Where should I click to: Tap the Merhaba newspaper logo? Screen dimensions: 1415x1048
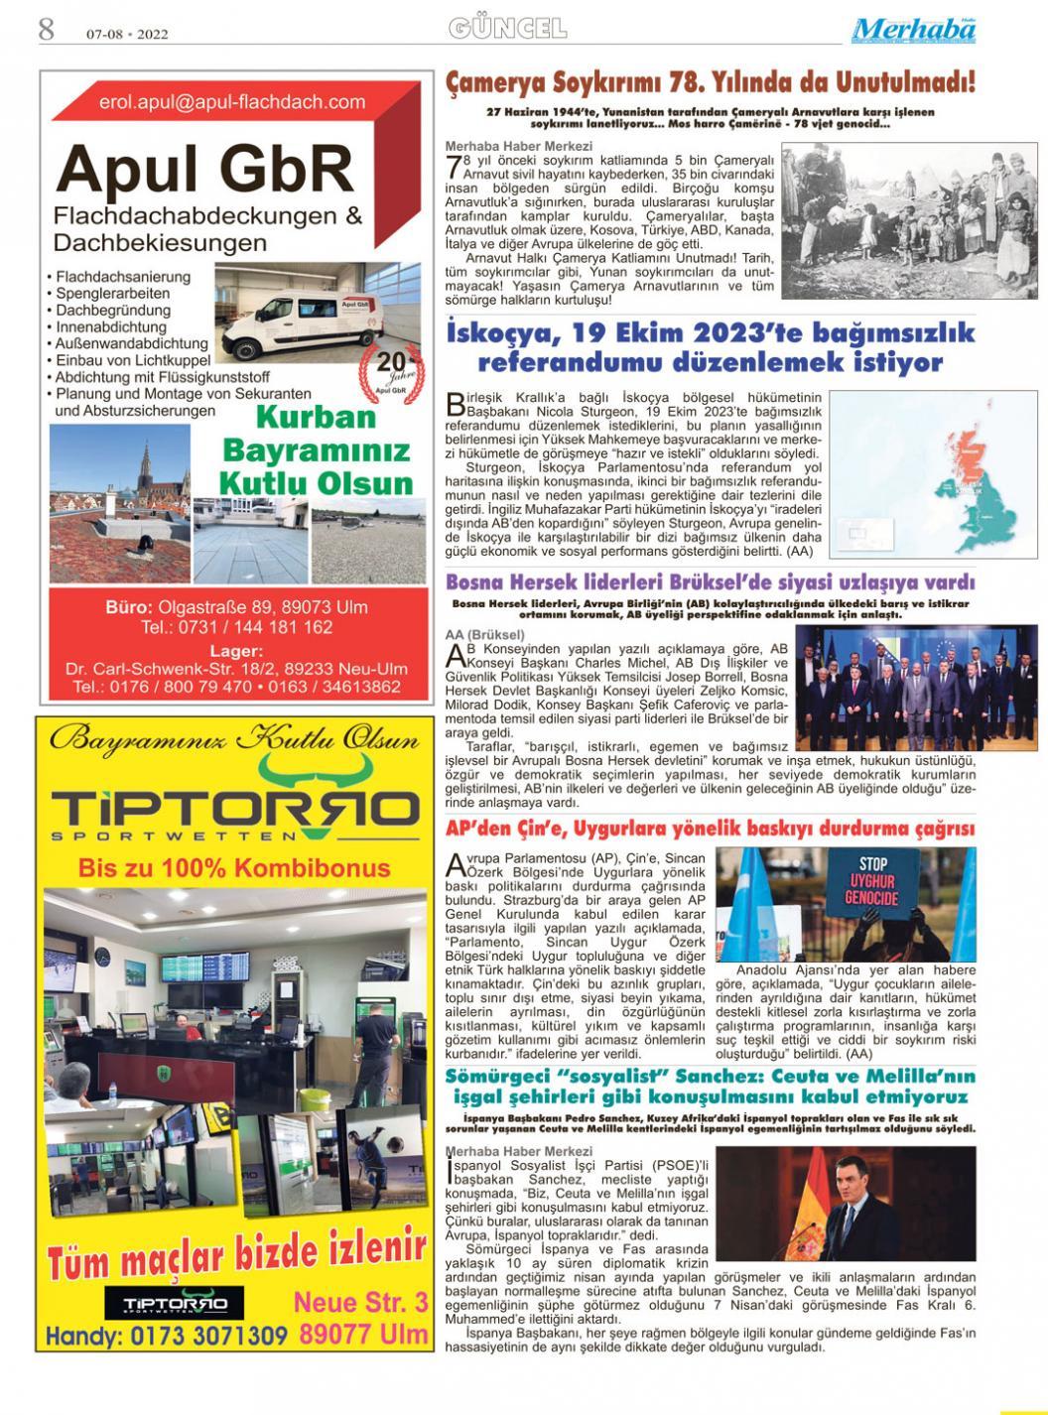pos(913,30)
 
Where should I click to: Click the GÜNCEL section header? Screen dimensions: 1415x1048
pos(507,29)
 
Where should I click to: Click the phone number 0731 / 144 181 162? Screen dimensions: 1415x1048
pos(236,627)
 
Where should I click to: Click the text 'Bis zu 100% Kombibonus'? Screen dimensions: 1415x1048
pos(234,869)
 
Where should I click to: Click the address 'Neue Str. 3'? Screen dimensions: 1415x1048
pos(361,1302)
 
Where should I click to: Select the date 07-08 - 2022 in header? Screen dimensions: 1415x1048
pos(127,34)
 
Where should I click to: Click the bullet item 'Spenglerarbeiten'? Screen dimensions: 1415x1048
pos(112,294)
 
